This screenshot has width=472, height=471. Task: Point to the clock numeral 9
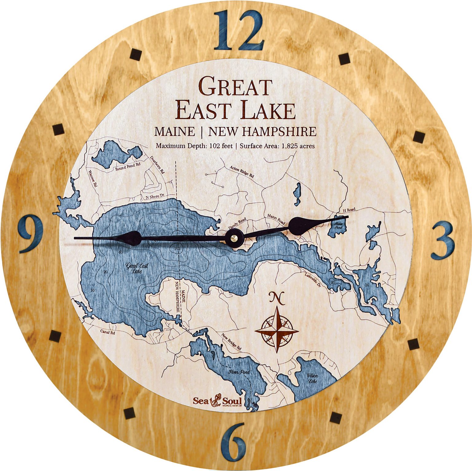(30, 234)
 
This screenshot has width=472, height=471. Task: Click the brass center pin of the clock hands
(234, 238)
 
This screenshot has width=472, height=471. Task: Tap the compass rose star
(277, 330)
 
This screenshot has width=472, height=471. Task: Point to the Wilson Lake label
(312, 379)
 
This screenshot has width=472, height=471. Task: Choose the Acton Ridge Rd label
(242, 172)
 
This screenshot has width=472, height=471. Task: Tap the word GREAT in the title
(235, 87)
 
